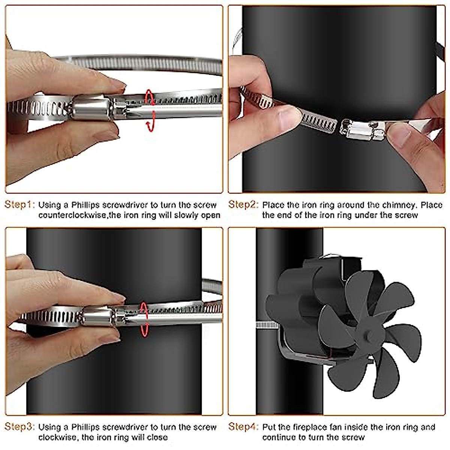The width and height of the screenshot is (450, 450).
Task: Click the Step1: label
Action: (19, 205)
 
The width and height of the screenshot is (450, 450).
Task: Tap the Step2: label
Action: (243, 205)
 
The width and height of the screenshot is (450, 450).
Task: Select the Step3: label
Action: (19, 427)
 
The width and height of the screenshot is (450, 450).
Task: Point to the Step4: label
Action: (243, 427)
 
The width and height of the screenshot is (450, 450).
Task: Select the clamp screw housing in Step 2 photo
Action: (362, 131)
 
